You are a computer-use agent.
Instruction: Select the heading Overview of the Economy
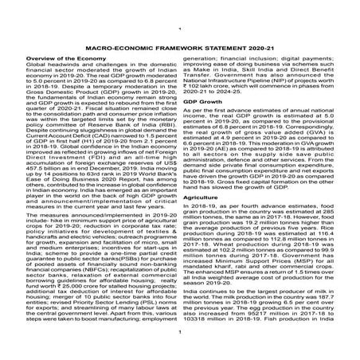(57, 59)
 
